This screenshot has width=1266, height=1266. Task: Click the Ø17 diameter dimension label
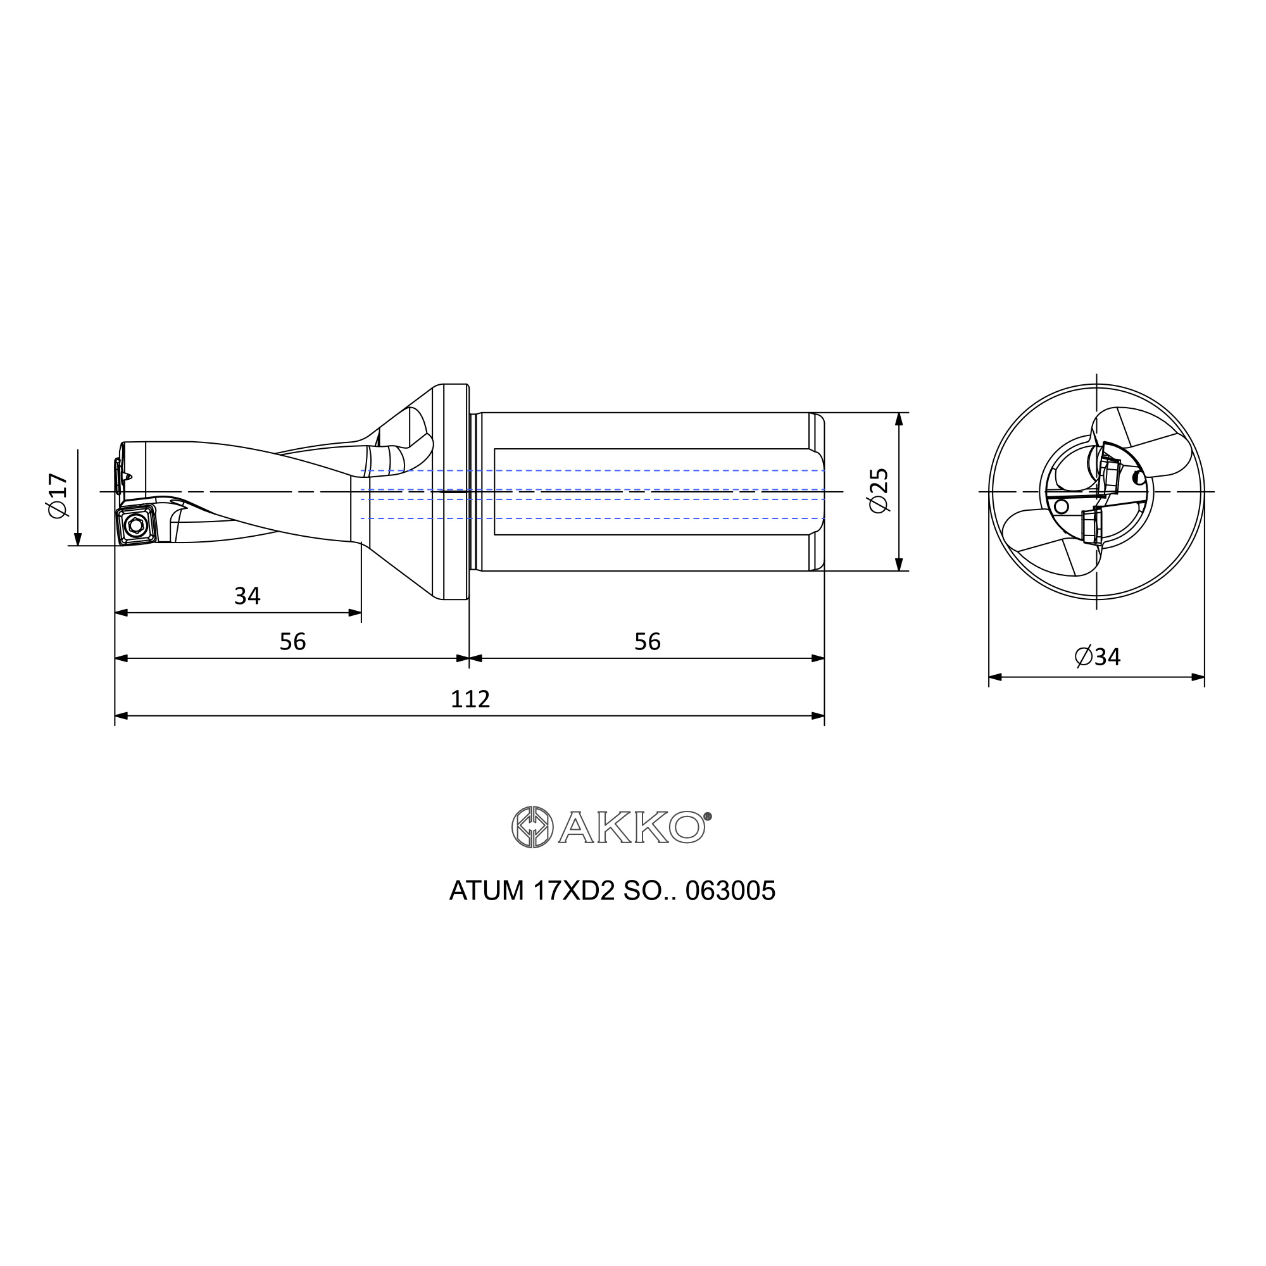[58, 496]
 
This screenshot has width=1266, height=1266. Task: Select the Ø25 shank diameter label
[878, 491]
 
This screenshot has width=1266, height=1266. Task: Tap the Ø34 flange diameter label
[1098, 656]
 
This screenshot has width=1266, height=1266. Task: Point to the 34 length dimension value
[247, 596]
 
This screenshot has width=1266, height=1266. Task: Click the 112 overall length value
[470, 699]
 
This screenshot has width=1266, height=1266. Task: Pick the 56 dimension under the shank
[647, 641]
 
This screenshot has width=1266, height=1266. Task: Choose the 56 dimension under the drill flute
[292, 641]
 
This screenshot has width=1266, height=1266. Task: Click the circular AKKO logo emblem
[532, 827]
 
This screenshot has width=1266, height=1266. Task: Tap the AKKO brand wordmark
[632, 827]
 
